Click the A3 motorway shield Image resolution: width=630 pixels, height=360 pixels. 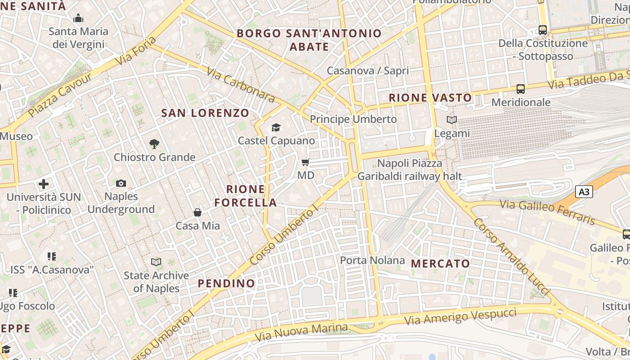tap(584, 192)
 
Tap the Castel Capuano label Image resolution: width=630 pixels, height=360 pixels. tap(276, 141)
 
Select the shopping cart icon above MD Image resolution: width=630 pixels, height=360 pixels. tap(306, 162)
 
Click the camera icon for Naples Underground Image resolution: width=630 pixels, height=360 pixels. tap(121, 183)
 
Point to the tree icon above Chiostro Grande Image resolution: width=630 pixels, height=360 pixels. tap(154, 144)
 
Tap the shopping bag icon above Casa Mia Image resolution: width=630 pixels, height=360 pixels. tap(197, 212)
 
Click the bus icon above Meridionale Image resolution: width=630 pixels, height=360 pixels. tap(521, 89)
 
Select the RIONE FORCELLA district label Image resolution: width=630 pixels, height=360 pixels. tap(246, 196)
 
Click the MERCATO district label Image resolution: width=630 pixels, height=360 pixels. tap(441, 263)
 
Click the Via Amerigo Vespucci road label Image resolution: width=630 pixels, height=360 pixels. tap(460, 316)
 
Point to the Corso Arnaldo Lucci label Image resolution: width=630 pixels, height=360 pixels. tap(511, 257)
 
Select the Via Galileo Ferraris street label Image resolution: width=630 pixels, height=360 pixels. tap(548, 212)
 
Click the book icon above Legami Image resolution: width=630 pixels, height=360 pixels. tap(451, 120)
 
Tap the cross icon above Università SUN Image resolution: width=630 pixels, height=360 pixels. tap(44, 184)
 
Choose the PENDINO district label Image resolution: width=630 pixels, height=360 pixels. tap(226, 283)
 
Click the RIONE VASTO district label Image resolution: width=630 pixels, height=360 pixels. tap(430, 98)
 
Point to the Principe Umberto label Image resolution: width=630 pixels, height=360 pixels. tap(353, 119)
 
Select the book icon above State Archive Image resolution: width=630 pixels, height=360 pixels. tap(156, 262)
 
